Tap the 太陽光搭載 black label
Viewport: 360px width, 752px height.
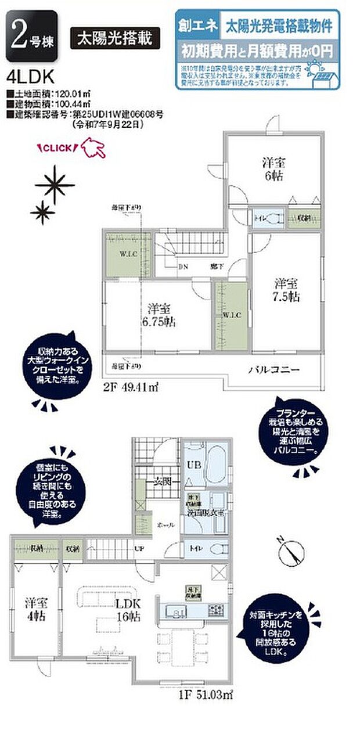tap(115, 38)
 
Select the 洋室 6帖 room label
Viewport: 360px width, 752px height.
tap(273, 169)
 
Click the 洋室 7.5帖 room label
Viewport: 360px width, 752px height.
tap(286, 290)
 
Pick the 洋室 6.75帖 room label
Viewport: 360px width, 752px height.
tap(159, 315)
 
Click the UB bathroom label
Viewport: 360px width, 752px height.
tap(193, 466)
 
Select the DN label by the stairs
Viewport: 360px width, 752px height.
tap(183, 267)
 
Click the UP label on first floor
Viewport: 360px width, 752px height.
tap(139, 548)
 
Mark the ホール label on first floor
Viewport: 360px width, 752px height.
tap(165, 524)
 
